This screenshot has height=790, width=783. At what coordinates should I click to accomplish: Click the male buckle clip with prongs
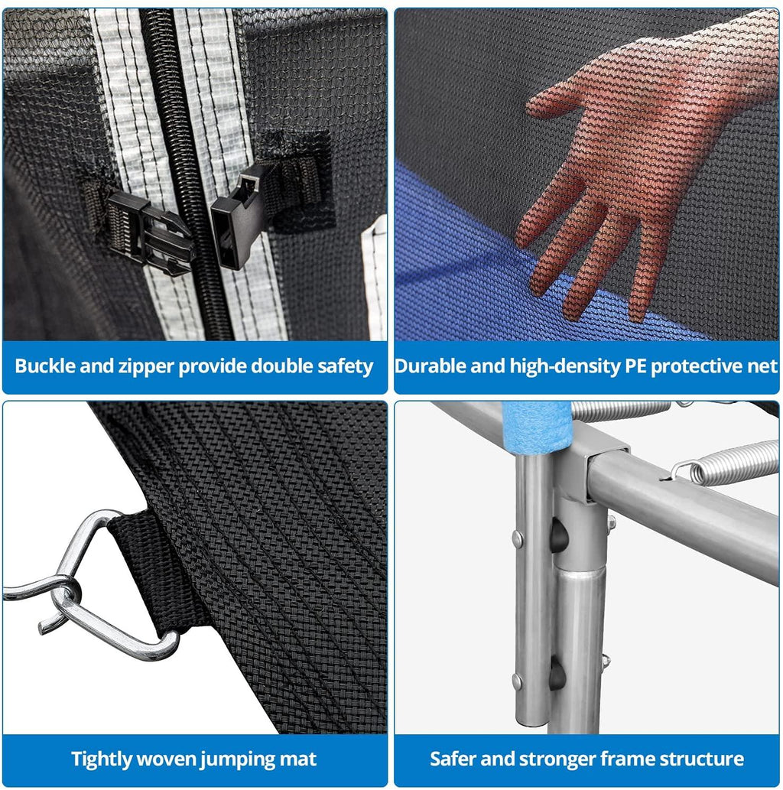point(151,232)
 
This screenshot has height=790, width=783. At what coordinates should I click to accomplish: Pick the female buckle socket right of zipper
point(238,216)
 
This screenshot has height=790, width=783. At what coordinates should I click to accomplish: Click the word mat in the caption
point(297,759)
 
